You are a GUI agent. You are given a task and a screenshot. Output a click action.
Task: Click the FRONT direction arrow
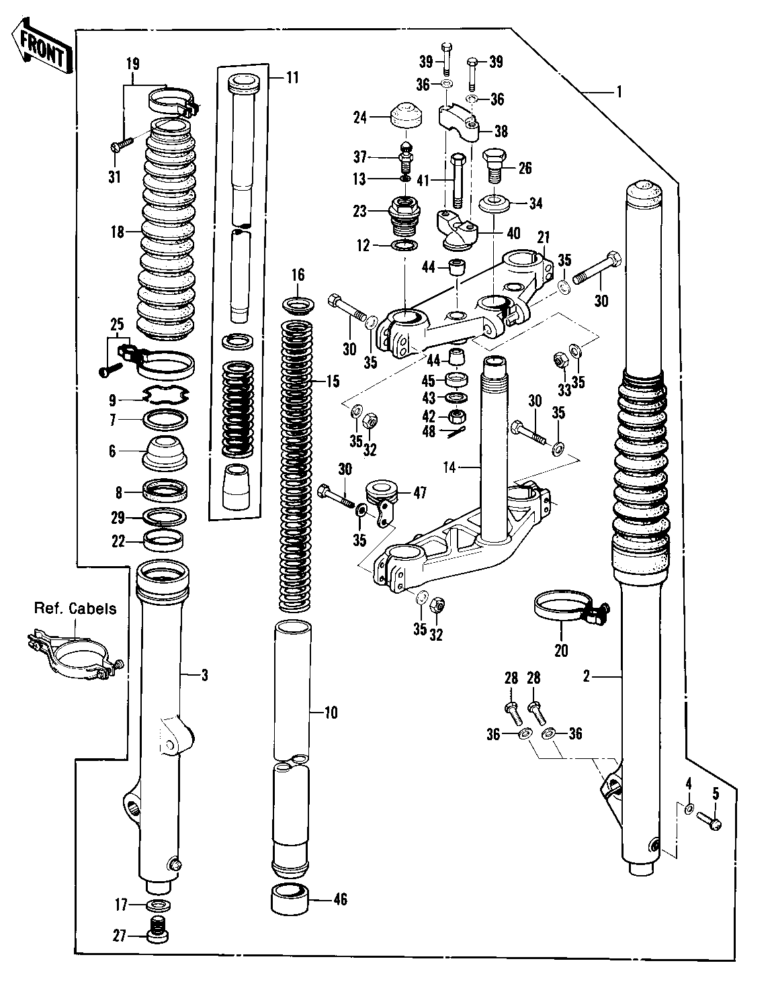point(41,46)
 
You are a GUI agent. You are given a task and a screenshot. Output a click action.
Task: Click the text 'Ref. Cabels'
point(75,608)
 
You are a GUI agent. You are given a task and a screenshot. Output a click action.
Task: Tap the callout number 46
point(341,899)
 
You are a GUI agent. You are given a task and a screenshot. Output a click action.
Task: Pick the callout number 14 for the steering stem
point(449,467)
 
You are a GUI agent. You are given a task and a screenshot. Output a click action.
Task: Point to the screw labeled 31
point(121,144)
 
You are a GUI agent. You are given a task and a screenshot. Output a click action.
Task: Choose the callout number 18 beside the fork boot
point(117,232)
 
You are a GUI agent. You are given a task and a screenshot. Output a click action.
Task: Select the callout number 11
point(292,78)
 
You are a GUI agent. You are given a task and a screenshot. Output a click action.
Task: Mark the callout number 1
point(619,93)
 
